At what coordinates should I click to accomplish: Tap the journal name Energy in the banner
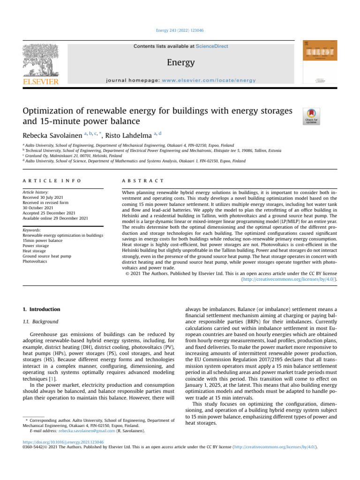click(180, 62)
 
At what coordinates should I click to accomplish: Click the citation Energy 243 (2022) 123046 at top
click(180, 30)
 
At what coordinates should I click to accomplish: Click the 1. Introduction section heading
click(42, 309)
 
